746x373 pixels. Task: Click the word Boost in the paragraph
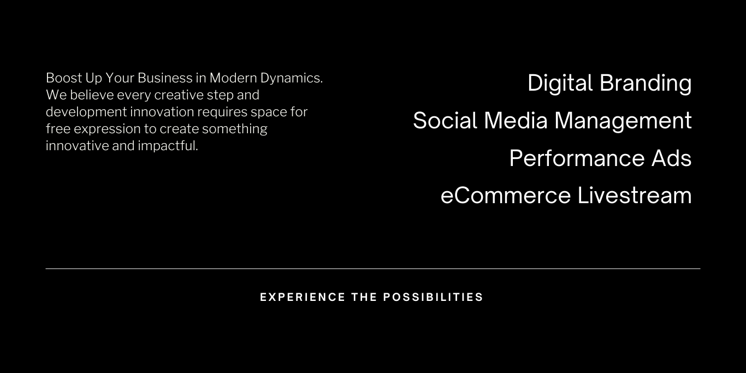[63, 78]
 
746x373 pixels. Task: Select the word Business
[165, 78]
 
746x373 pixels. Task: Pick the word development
[86, 113]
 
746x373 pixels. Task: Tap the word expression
[107, 129]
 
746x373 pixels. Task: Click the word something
[234, 129]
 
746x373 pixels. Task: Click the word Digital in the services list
[560, 84]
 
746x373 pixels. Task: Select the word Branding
[646, 84]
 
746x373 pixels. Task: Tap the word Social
[445, 121]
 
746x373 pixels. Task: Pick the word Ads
[671, 158]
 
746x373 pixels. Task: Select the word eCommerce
[506, 195]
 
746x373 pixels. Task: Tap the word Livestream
[635, 195]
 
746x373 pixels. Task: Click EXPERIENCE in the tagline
[303, 297]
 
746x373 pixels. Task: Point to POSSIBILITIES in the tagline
[433, 297]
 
